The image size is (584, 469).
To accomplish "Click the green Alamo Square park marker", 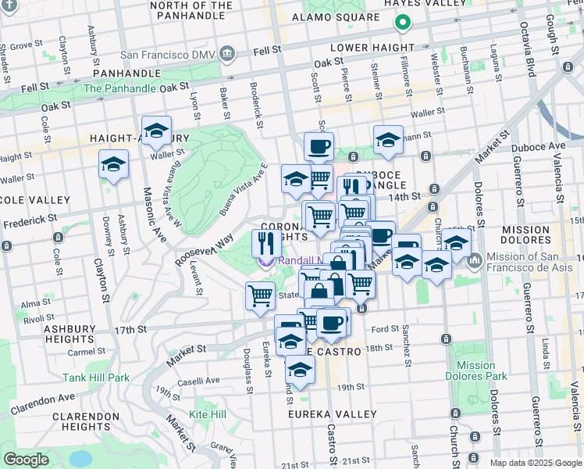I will pyautogui.click(x=403, y=23).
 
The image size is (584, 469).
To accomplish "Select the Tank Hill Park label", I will pyautogui.click(x=97, y=378).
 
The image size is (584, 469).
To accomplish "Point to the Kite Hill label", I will pyautogui.click(x=208, y=413).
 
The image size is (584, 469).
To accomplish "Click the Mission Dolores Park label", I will pyautogui.click(x=476, y=371).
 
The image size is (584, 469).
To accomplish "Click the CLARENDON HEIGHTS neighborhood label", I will pyautogui.click(x=86, y=422).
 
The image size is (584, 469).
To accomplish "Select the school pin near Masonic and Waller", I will pyautogui.click(x=156, y=131).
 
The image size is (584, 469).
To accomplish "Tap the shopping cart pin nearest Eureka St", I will pyautogui.click(x=260, y=295).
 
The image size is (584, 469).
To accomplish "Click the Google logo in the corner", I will pyautogui.click(x=27, y=460).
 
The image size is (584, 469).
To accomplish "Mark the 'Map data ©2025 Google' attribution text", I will pyautogui.click(x=535, y=463).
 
